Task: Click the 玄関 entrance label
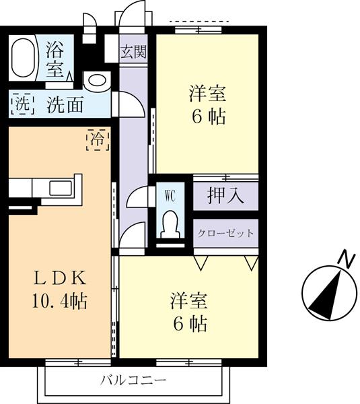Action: pyautogui.click(x=132, y=52)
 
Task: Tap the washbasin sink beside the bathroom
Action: pyautogui.click(x=96, y=80)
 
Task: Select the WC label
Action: pyautogui.click(x=170, y=197)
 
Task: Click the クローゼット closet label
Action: pyautogui.click(x=225, y=234)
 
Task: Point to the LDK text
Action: pyautogui.click(x=60, y=277)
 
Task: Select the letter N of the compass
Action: pyautogui.click(x=346, y=258)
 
